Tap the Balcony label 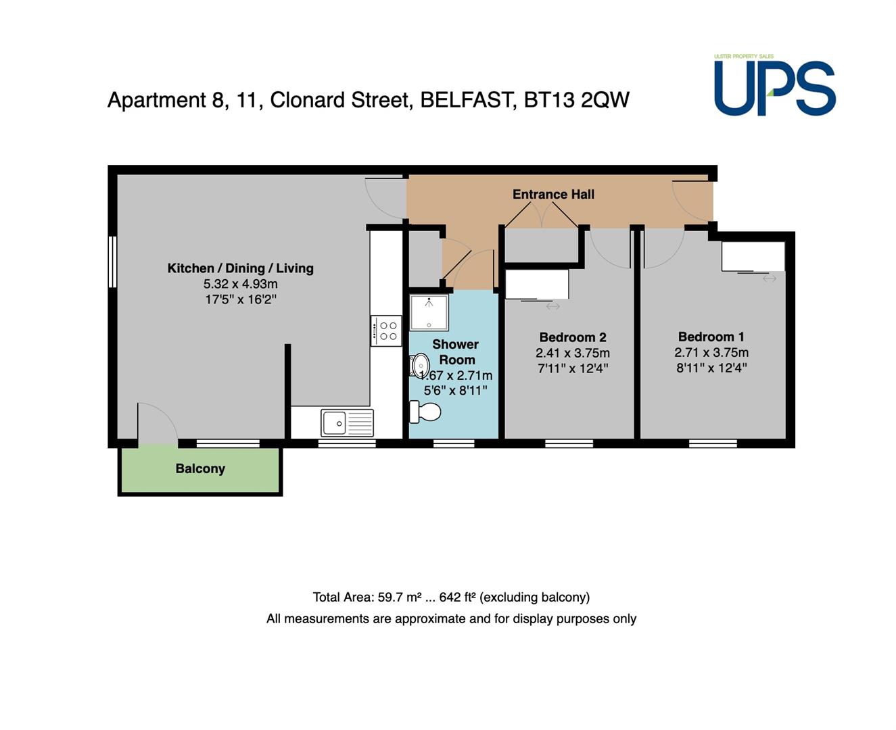(200, 468)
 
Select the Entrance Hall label (553, 194)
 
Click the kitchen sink (347, 422)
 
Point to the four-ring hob (386, 331)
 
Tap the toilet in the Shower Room (425, 412)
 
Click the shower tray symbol (429, 312)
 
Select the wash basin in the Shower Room (419, 365)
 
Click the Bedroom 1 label (711, 337)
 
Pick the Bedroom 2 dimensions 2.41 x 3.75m (573, 353)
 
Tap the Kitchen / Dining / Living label (241, 268)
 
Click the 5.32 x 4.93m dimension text (241, 284)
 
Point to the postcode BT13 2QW (577, 100)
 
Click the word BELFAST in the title (469, 100)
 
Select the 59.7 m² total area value (399, 597)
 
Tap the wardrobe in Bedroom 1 (753, 256)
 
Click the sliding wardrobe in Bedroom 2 (537, 285)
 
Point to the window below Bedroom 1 (713, 443)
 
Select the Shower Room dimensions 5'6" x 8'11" (455, 391)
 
